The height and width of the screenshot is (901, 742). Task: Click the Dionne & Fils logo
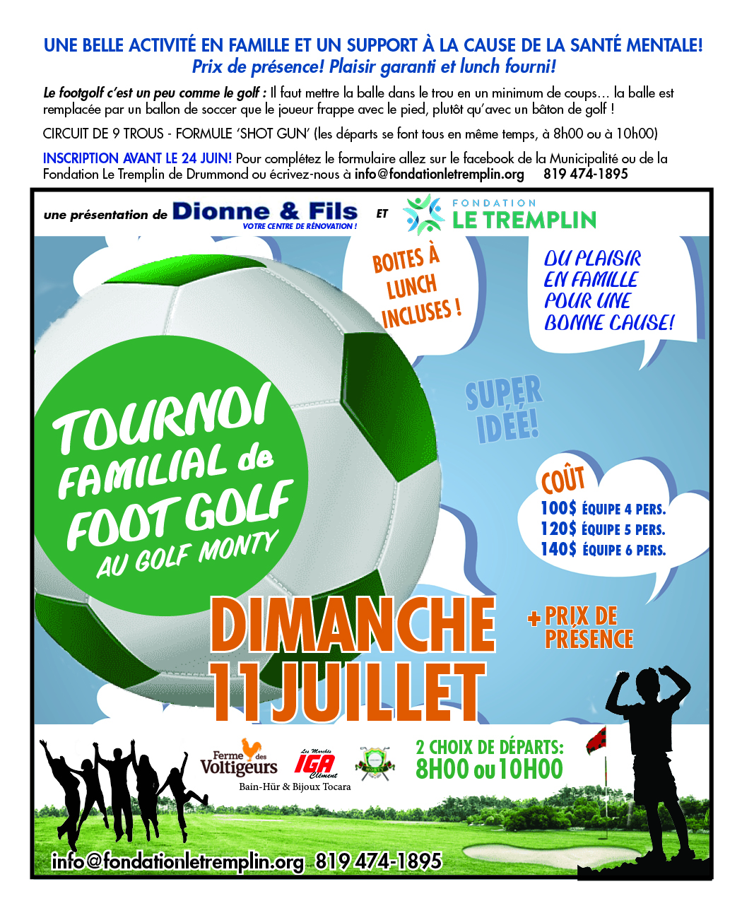pos(264,213)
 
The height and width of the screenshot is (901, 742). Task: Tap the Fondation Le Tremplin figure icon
pos(424,215)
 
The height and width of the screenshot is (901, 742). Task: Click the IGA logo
pos(314,763)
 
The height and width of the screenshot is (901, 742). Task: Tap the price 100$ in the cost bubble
pos(558,508)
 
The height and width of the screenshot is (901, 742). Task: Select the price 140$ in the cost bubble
pos(558,549)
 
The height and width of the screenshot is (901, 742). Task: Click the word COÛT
pos(563,480)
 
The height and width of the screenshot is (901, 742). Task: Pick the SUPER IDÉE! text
pos(504,410)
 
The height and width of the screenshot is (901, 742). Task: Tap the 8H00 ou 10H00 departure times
pos(489,769)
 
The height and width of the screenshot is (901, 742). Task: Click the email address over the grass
pos(177,861)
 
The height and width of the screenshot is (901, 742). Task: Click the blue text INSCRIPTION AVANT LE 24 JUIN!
pos(137,158)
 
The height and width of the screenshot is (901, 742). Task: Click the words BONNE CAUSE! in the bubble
pos(609,323)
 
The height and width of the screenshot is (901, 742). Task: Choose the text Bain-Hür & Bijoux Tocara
pos(295,787)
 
